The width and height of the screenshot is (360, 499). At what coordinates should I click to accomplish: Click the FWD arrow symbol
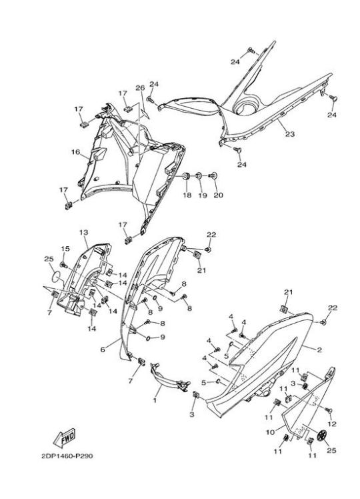tap(64, 438)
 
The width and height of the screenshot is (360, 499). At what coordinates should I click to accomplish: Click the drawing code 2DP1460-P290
tap(67, 456)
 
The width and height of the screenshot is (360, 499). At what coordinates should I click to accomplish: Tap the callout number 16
tap(75, 152)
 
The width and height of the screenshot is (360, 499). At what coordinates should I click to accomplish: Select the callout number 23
tap(290, 134)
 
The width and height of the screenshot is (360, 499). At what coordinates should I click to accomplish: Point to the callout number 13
tap(83, 233)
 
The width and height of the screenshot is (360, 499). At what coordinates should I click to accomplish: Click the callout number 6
tap(103, 350)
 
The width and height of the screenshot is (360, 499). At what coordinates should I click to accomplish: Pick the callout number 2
tap(319, 350)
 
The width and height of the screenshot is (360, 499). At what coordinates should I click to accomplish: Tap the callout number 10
tap(270, 432)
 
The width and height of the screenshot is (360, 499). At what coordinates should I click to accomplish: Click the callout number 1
tap(155, 400)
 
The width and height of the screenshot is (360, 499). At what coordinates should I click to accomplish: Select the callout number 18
tap(187, 195)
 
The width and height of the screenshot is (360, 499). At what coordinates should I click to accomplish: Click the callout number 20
tap(218, 195)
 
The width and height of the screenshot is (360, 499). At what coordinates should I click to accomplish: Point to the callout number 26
tap(140, 88)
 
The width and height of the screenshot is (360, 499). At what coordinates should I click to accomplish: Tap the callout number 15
tap(65, 249)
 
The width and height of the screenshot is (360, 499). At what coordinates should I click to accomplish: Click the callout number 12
tap(332, 424)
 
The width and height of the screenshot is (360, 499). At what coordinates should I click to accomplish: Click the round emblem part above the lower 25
tap(322, 436)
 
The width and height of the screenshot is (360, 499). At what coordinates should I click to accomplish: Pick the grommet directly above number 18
tap(186, 176)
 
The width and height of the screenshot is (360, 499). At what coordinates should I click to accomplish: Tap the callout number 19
tap(203, 195)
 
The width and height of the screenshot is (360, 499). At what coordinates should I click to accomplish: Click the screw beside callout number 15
tap(64, 264)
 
